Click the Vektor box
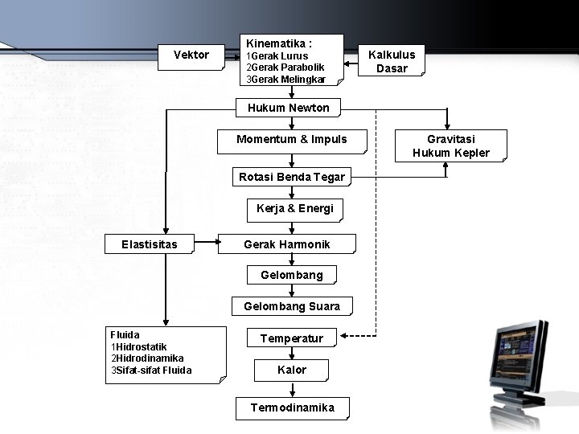click(191, 55)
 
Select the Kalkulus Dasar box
click(392, 61)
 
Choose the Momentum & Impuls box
click(292, 140)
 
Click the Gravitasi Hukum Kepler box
click(450, 145)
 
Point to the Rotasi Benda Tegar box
click(292, 177)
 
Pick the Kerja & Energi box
click(294, 209)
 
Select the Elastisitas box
click(150, 244)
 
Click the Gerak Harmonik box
click(286, 244)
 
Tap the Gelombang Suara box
click(292, 306)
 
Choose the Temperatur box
click(291, 338)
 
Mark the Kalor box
click(291, 370)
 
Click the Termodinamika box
click(292, 407)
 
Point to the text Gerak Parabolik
click(288, 68)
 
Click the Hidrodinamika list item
click(150, 358)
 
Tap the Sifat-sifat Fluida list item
click(154, 371)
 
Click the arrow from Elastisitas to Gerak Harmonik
click(206, 240)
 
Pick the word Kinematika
click(273, 43)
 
